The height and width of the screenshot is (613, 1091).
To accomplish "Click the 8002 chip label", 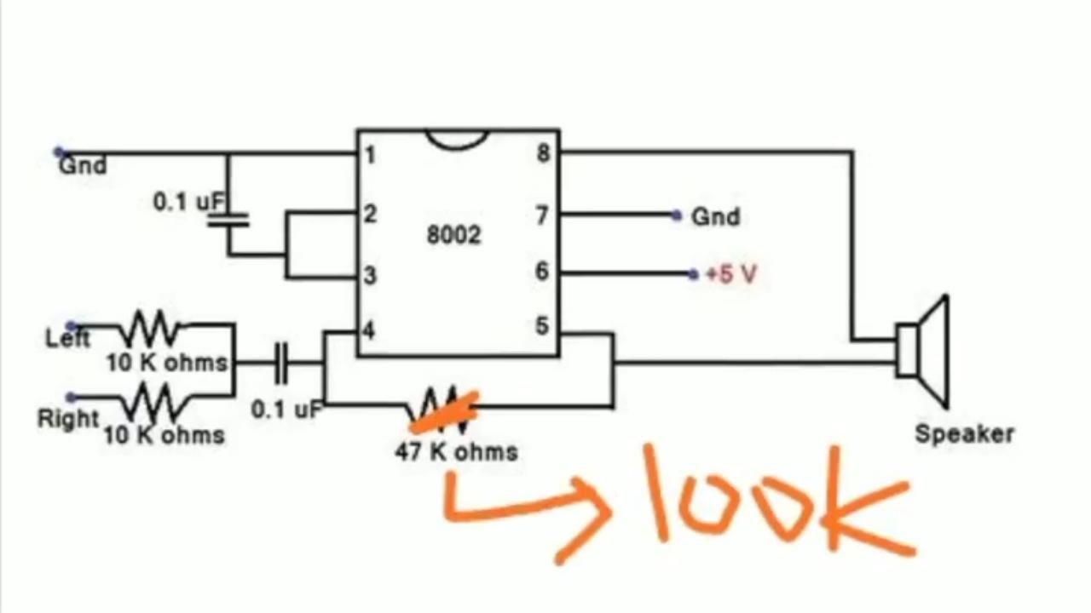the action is tap(454, 235).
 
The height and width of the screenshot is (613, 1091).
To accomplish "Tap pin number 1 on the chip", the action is tap(370, 155).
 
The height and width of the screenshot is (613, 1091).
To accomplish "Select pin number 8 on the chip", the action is tap(544, 153).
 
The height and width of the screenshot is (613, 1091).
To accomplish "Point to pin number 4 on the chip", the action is tap(369, 331).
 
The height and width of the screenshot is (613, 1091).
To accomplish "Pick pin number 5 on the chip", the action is tap(542, 325).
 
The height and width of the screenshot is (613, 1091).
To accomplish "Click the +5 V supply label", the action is tap(731, 274).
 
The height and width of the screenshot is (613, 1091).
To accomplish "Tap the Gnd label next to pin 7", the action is tap(715, 216).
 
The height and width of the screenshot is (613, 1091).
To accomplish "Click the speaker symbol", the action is tap(922, 352).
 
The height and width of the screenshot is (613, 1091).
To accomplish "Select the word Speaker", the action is tap(964, 434).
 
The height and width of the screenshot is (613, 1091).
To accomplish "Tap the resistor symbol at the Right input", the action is tap(155, 401).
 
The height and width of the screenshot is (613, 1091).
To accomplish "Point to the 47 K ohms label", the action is tap(456, 452).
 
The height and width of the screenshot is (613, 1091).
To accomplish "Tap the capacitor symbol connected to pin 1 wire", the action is tap(228, 220).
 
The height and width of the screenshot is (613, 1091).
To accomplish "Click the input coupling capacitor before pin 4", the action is tap(281, 363).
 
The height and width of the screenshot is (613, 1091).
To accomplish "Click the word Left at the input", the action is tap(67, 338).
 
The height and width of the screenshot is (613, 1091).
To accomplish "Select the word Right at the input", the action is tap(68, 418).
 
